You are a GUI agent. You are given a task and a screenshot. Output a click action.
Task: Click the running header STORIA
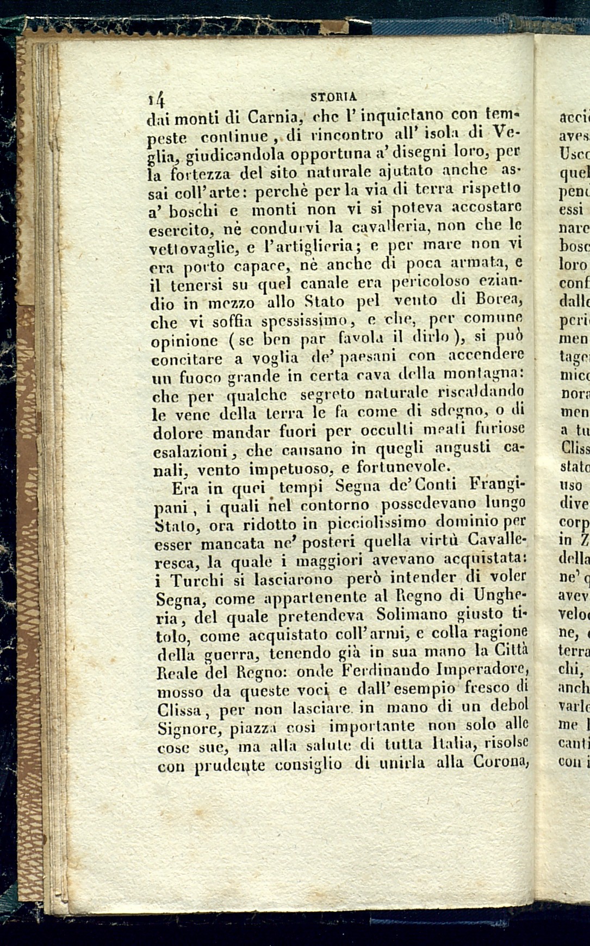333,97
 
